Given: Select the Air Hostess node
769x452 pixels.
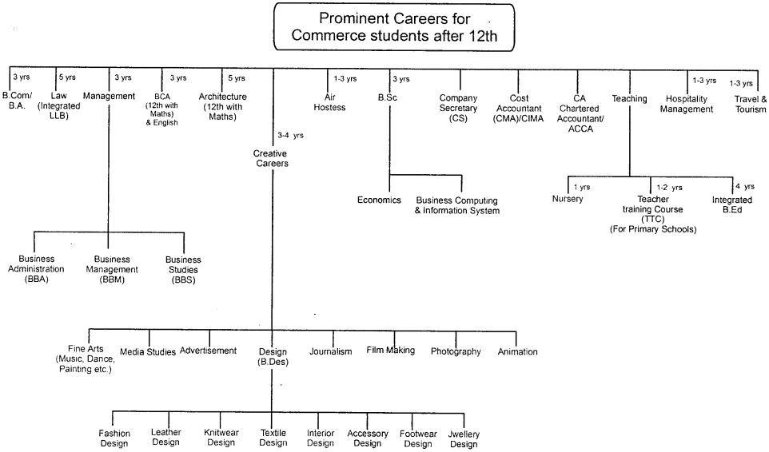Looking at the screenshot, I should [x=329, y=103].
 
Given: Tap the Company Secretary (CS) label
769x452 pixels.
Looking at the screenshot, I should [x=458, y=108].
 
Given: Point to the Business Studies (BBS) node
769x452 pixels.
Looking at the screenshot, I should [x=183, y=270].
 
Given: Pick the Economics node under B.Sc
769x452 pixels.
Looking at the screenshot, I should [x=379, y=200].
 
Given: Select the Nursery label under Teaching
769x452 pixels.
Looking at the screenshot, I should [x=568, y=199].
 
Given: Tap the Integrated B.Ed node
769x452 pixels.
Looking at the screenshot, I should [x=732, y=204].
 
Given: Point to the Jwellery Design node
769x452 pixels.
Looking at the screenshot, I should [x=464, y=438].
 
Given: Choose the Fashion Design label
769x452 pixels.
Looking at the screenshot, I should [x=114, y=438].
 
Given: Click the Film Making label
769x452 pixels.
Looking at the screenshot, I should [x=391, y=351].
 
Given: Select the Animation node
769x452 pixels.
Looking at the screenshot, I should [x=517, y=351].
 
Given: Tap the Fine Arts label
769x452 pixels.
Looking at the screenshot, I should [x=84, y=359].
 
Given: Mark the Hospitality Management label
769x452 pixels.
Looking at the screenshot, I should [x=688, y=104].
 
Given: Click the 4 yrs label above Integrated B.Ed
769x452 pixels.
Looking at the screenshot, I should [x=744, y=187].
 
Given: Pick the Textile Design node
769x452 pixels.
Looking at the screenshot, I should [x=273, y=438].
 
